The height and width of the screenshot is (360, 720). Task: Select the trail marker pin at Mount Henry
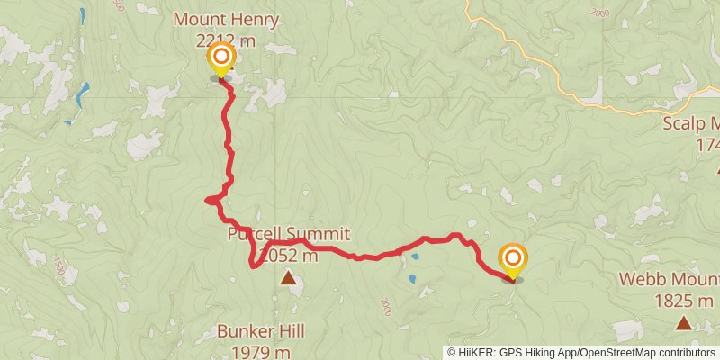pos(220,61)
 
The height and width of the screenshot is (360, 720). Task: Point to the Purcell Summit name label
pos(288,235)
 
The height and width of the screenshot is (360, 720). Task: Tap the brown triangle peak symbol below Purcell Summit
pos(288,279)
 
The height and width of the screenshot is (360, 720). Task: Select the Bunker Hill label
pos(261,331)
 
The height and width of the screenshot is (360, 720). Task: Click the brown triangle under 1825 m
pos(684,321)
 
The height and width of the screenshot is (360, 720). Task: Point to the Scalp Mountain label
pos(692,124)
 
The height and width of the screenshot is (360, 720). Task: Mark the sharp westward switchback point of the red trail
pos(208,200)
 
